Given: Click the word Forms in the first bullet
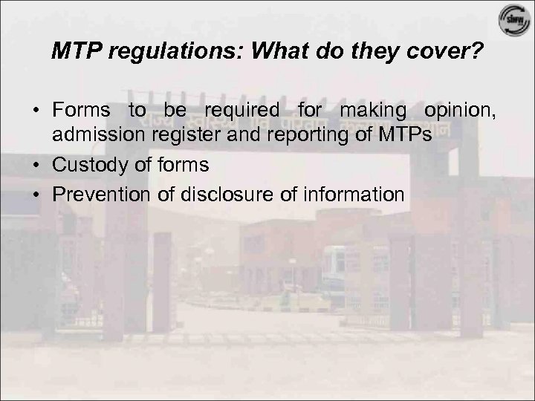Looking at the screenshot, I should point(81,111).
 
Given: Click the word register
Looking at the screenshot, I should point(175,137).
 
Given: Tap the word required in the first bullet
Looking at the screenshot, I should point(237,111).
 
